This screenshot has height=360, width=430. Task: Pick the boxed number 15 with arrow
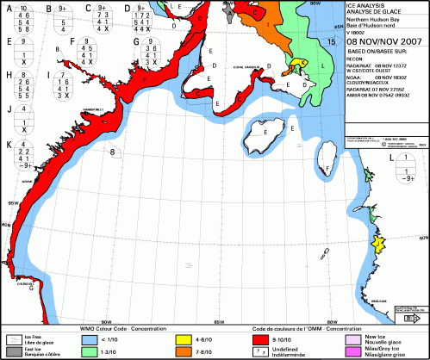point(332,40)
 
